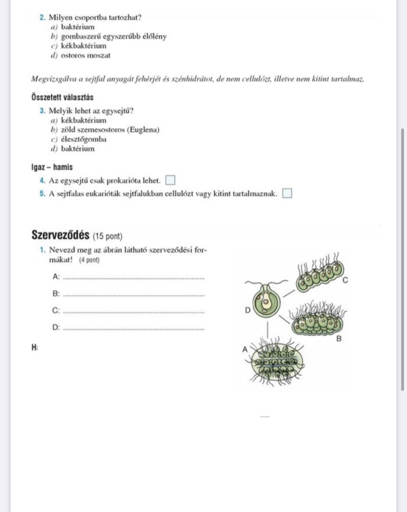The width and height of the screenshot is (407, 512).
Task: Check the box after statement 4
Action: tap(170, 181)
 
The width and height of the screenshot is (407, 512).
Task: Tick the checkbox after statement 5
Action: tap(287, 193)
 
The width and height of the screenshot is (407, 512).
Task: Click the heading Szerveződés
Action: tap(60, 234)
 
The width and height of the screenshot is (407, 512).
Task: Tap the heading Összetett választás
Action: tap(62, 97)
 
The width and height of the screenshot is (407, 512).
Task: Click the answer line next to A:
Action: tap(134, 278)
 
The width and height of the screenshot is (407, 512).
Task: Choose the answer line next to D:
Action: tap(134, 329)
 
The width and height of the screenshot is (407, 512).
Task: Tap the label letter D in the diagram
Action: tap(247, 311)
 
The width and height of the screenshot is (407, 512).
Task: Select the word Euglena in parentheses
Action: tap(143, 129)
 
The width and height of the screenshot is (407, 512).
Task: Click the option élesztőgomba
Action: tap(84, 139)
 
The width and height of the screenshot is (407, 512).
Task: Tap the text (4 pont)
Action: tap(89, 259)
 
